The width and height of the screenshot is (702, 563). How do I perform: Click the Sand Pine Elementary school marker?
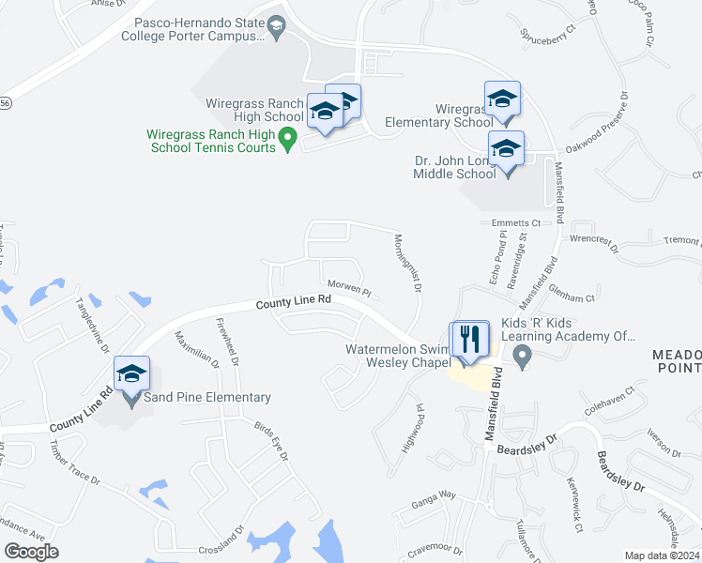tap(131, 373)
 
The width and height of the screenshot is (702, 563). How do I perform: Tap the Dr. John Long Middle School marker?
tap(506, 148)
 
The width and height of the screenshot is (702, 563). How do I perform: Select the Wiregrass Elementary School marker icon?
tap(502, 99)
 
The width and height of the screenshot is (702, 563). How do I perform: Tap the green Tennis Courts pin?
tap(289, 141)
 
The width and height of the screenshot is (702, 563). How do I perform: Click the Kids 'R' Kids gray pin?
tap(524, 356)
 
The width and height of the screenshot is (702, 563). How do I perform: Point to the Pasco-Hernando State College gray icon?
tap(276, 29)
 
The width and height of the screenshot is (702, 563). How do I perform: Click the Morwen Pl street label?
tap(350, 283)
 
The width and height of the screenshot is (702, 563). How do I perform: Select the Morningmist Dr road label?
tap(406, 263)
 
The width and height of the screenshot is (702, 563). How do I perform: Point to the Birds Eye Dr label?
tap(270, 440)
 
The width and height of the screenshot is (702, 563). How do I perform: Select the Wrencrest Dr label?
tap(594, 245)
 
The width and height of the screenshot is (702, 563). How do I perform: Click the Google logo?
tap(31, 552)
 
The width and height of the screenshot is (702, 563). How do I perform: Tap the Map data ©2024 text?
tap(662, 555)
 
